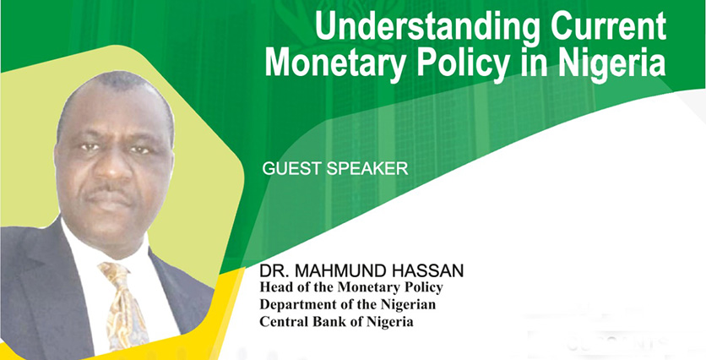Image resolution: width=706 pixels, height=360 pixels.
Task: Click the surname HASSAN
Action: click(426, 271)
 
